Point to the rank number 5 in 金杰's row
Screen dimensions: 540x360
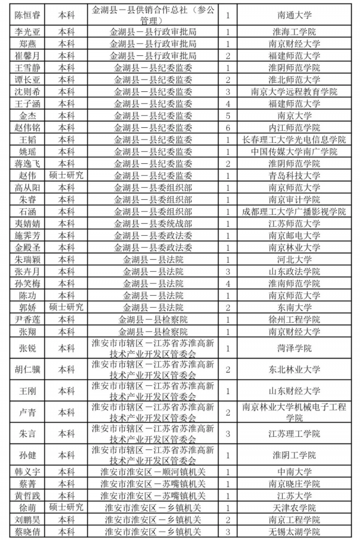(228, 115)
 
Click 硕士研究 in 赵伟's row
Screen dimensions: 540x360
(67, 175)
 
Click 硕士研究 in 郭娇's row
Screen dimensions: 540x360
(67, 307)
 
